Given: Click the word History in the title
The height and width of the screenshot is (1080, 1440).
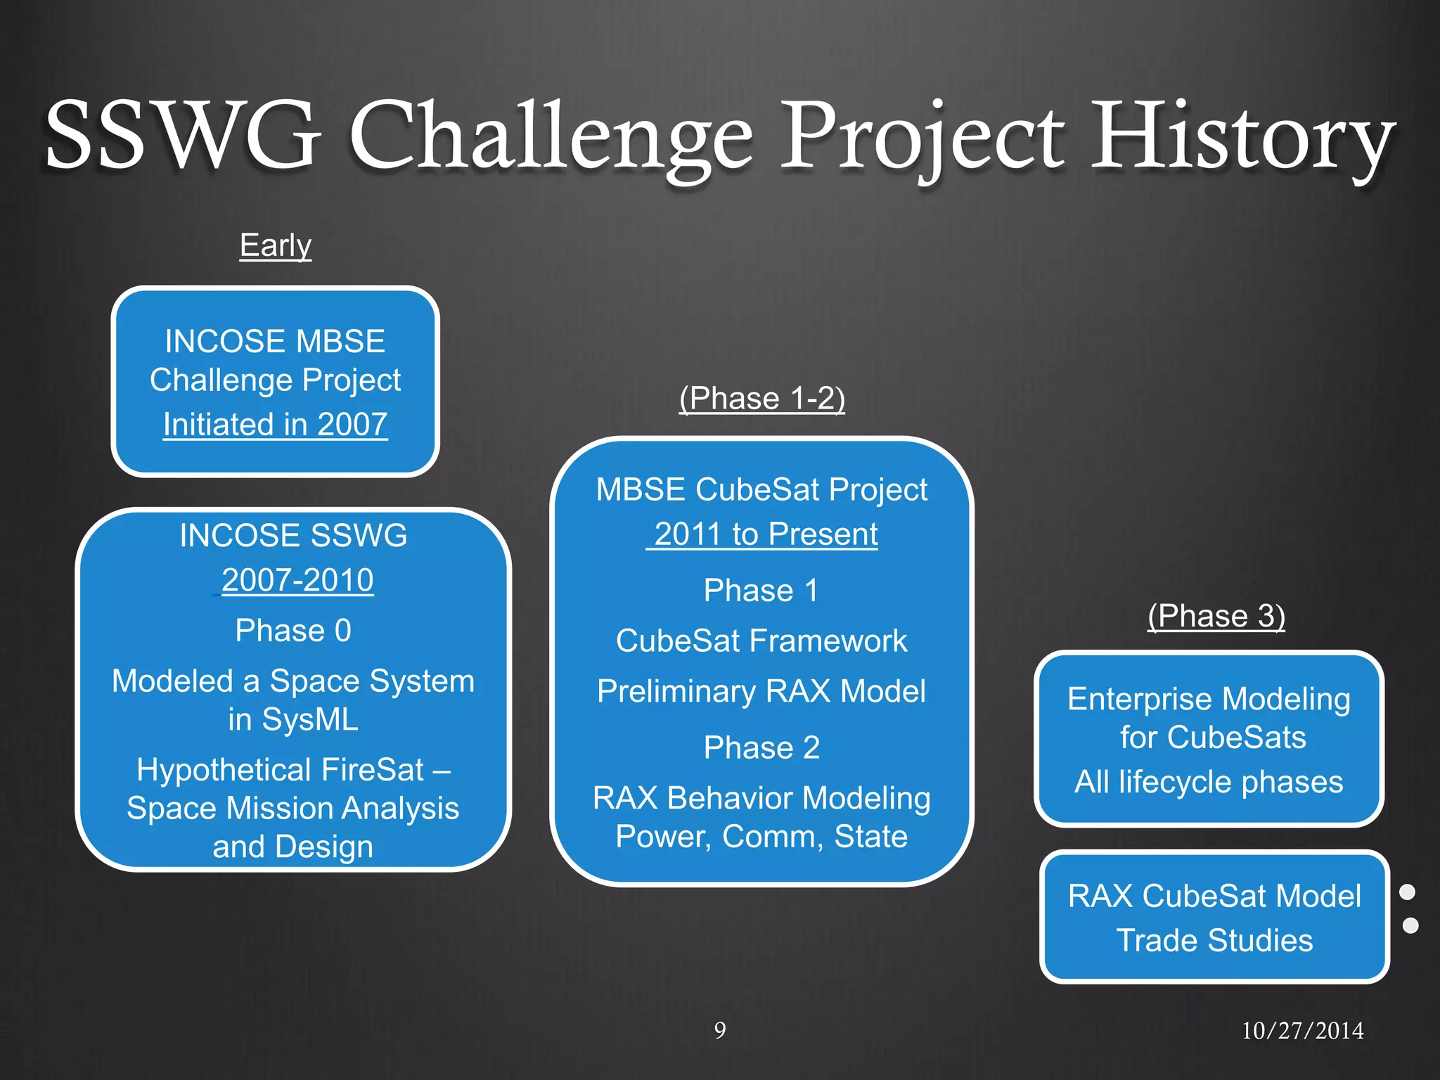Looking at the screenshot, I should click(x=1242, y=137).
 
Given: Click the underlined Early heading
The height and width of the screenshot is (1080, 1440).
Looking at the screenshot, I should click(x=275, y=245).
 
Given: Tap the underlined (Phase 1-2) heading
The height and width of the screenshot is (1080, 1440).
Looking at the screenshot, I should click(x=761, y=399).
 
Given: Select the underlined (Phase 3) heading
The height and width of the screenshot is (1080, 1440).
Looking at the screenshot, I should click(x=1216, y=616).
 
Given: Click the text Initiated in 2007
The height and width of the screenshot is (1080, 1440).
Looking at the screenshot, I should click(x=275, y=425).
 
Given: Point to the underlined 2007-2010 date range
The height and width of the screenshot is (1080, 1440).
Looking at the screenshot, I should click(x=297, y=580).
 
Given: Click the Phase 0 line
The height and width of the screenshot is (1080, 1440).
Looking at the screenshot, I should click(x=293, y=631).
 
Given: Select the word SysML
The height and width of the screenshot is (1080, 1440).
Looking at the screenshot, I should click(x=309, y=719).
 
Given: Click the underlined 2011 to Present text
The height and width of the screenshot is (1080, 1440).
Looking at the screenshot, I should click(x=765, y=534).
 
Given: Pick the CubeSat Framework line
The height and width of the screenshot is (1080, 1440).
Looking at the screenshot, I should click(x=761, y=641).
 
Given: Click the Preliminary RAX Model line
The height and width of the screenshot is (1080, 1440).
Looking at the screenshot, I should click(x=761, y=691).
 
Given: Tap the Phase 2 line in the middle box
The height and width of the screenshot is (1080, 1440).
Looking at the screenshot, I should click(x=761, y=747).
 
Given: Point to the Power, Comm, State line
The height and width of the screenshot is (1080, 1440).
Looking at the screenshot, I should click(x=761, y=837).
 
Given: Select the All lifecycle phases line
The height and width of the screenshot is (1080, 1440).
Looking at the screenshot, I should click(x=1209, y=782).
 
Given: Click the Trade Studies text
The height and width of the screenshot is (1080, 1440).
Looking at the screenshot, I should click(x=1214, y=941).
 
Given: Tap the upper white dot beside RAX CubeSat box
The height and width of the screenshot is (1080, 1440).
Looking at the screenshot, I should click(x=1407, y=892).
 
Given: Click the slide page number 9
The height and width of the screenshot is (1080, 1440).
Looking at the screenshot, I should click(x=720, y=1031).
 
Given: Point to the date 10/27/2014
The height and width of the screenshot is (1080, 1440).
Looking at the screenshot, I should click(x=1302, y=1031).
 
